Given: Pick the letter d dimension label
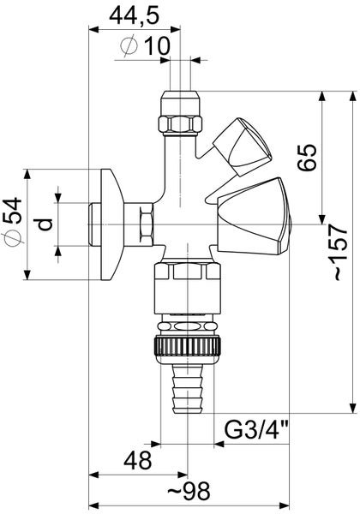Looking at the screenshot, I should pyautogui.click(x=46, y=225).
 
